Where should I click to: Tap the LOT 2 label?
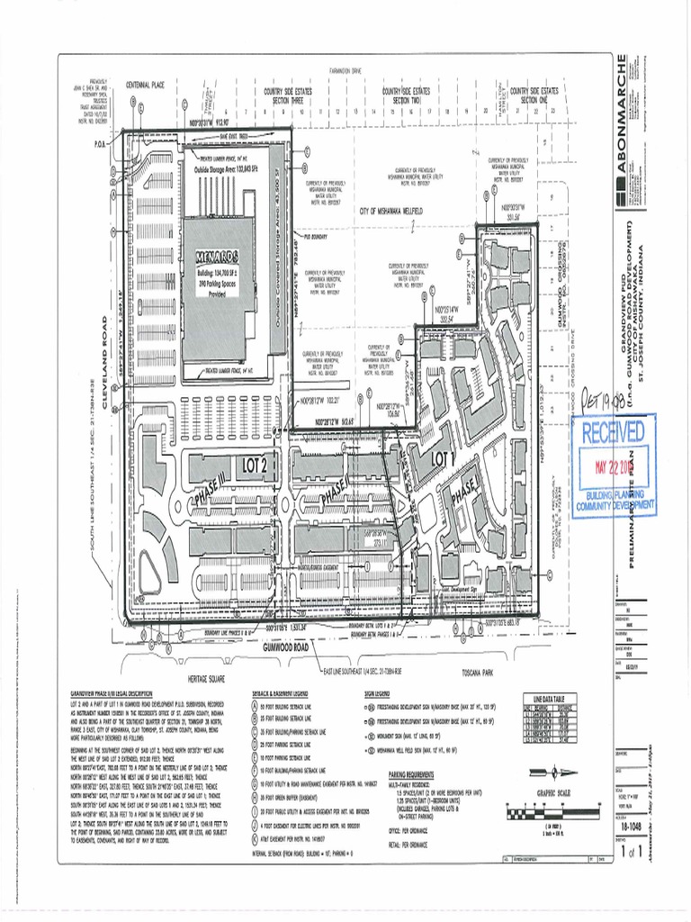point(255,465)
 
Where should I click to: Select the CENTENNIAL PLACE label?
point(145,84)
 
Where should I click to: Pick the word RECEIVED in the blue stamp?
point(613,432)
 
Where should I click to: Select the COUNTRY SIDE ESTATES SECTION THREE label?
point(287,95)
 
